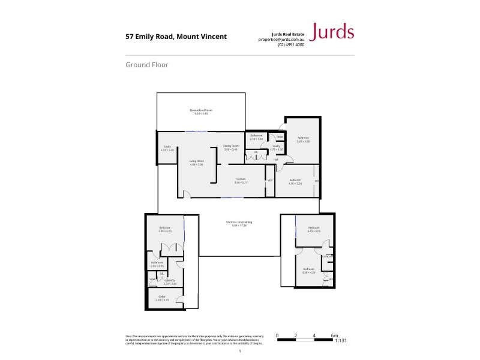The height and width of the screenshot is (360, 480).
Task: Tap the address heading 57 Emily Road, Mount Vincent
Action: (176, 37)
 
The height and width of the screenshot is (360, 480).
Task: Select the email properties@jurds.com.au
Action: (281, 40)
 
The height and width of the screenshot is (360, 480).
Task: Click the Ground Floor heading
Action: (146, 65)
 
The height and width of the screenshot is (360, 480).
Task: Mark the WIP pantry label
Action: (269, 180)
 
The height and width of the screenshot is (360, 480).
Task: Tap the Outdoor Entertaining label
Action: (239, 223)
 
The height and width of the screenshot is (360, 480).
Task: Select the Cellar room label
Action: (162, 296)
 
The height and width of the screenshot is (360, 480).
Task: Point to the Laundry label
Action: (170, 280)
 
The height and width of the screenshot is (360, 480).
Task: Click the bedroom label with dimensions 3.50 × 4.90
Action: (303, 139)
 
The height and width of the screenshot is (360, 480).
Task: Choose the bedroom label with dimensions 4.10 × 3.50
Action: (295, 181)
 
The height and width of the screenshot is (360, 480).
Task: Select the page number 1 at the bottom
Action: (239, 352)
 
